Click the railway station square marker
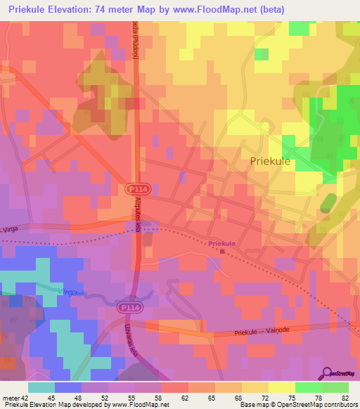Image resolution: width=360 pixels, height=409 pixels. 223,251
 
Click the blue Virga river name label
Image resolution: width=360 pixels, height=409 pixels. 67,291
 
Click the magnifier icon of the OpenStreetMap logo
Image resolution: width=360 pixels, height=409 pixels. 327,373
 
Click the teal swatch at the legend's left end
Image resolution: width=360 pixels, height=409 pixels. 41,387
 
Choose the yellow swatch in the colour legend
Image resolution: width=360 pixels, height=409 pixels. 282,387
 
